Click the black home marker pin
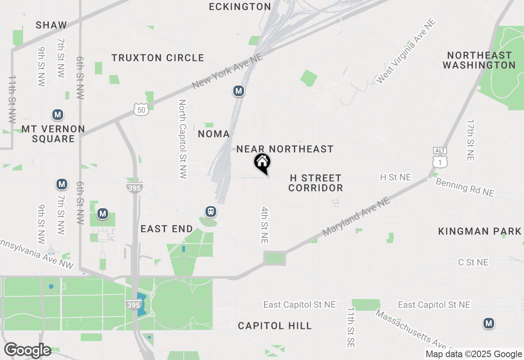pyautogui.click(x=262, y=163)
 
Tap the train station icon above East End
pyautogui.click(x=211, y=211)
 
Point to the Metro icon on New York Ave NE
pyautogui.click(x=239, y=91)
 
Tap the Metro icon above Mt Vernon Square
pyautogui.click(x=58, y=115)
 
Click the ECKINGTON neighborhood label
pyautogui.click(x=240, y=7)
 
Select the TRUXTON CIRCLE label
pyautogui.click(x=158, y=58)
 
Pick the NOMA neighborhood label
pyautogui.click(x=214, y=134)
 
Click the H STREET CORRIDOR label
pyautogui.click(x=316, y=183)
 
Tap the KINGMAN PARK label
pyautogui.click(x=480, y=232)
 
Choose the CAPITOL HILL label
pyautogui.click(x=275, y=326)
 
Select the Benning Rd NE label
pyautogui.click(x=465, y=187)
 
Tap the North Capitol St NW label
pyautogui.click(x=183, y=139)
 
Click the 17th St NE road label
pyautogui.click(x=470, y=140)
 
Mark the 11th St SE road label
pyautogui.click(x=350, y=328)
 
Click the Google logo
pyautogui.click(x=27, y=350)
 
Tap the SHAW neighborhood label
pyautogui.click(x=51, y=25)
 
